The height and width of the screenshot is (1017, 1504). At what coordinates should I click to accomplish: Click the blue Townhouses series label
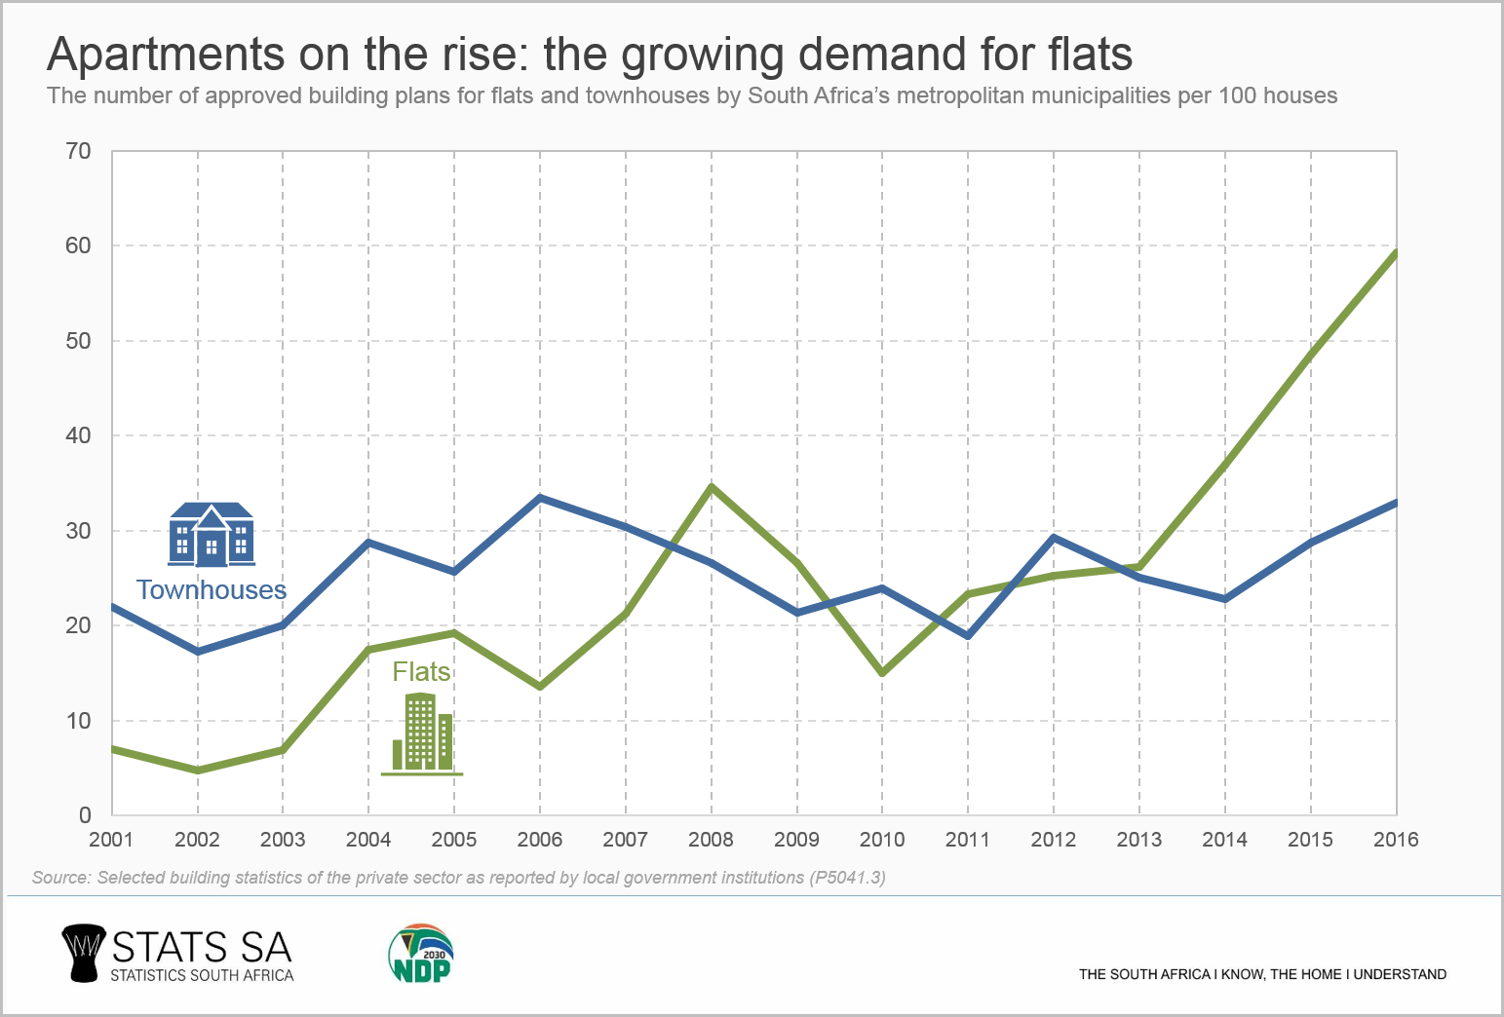coord(212,590)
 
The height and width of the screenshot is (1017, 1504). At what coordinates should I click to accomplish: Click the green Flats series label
coord(421,672)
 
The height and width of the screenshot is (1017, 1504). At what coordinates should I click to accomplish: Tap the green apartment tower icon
coord(422,734)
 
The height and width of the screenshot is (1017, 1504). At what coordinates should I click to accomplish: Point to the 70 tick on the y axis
coord(79,151)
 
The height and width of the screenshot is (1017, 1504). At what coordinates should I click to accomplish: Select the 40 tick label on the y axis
coord(79,435)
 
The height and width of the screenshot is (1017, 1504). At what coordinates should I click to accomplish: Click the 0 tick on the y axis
coord(85,815)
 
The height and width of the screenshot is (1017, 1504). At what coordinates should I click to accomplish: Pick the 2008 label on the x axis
coord(711,840)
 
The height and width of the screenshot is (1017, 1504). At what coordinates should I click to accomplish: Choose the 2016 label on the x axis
coord(1396,840)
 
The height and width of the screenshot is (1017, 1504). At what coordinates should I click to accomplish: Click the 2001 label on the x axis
coord(111,840)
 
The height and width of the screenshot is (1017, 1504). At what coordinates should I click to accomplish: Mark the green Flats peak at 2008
coord(712,486)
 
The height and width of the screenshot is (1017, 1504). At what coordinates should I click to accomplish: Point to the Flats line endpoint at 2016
coord(1395,253)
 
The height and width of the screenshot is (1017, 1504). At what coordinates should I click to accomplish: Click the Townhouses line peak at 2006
coord(540,498)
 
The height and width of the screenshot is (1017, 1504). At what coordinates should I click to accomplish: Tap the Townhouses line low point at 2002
coord(198,652)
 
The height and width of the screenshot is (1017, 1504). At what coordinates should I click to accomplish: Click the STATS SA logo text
coord(202,948)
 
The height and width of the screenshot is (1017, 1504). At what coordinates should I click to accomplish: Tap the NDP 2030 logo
coord(421,954)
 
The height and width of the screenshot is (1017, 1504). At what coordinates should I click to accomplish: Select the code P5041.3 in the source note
coord(847,878)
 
